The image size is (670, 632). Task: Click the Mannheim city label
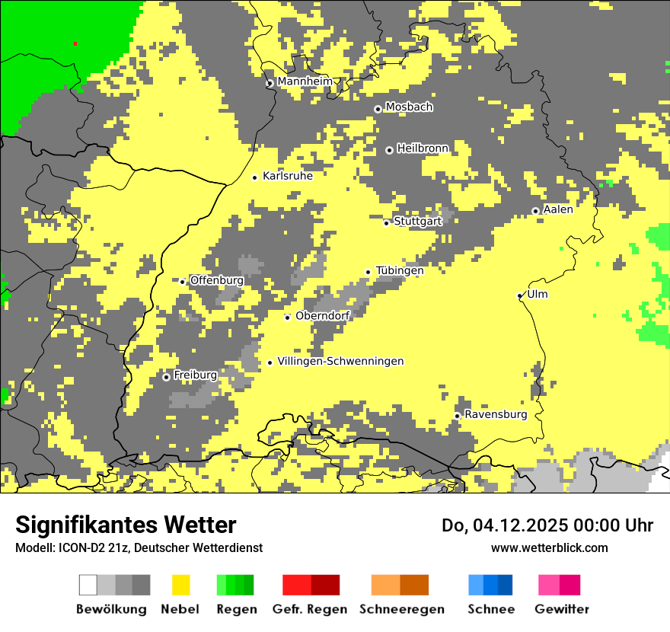tap(305, 81)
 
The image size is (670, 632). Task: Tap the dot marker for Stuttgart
tap(386, 223)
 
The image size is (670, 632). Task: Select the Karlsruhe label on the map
tap(287, 176)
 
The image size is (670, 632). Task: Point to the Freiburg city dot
tap(166, 377)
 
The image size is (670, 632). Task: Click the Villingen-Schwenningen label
tap(340, 361)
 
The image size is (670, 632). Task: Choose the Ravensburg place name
tap(496, 414)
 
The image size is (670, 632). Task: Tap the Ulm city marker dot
tap(520, 295)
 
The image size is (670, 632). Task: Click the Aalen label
tap(558, 209)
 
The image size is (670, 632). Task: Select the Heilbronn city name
tap(423, 148)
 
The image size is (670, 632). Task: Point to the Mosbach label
tap(409, 107)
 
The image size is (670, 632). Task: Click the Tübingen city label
tap(400, 270)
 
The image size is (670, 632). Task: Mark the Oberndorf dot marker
tap(287, 318)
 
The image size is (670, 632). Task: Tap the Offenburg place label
tap(217, 280)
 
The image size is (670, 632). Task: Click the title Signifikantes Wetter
tap(126, 525)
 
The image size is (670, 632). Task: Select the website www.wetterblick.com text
tap(549, 547)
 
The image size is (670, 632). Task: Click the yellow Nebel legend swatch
tap(181, 585)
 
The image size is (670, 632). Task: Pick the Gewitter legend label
tap(561, 609)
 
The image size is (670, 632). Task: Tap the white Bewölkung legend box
tap(88, 585)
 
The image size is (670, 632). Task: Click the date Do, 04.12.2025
tap(506, 525)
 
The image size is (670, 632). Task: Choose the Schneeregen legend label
tap(401, 609)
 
